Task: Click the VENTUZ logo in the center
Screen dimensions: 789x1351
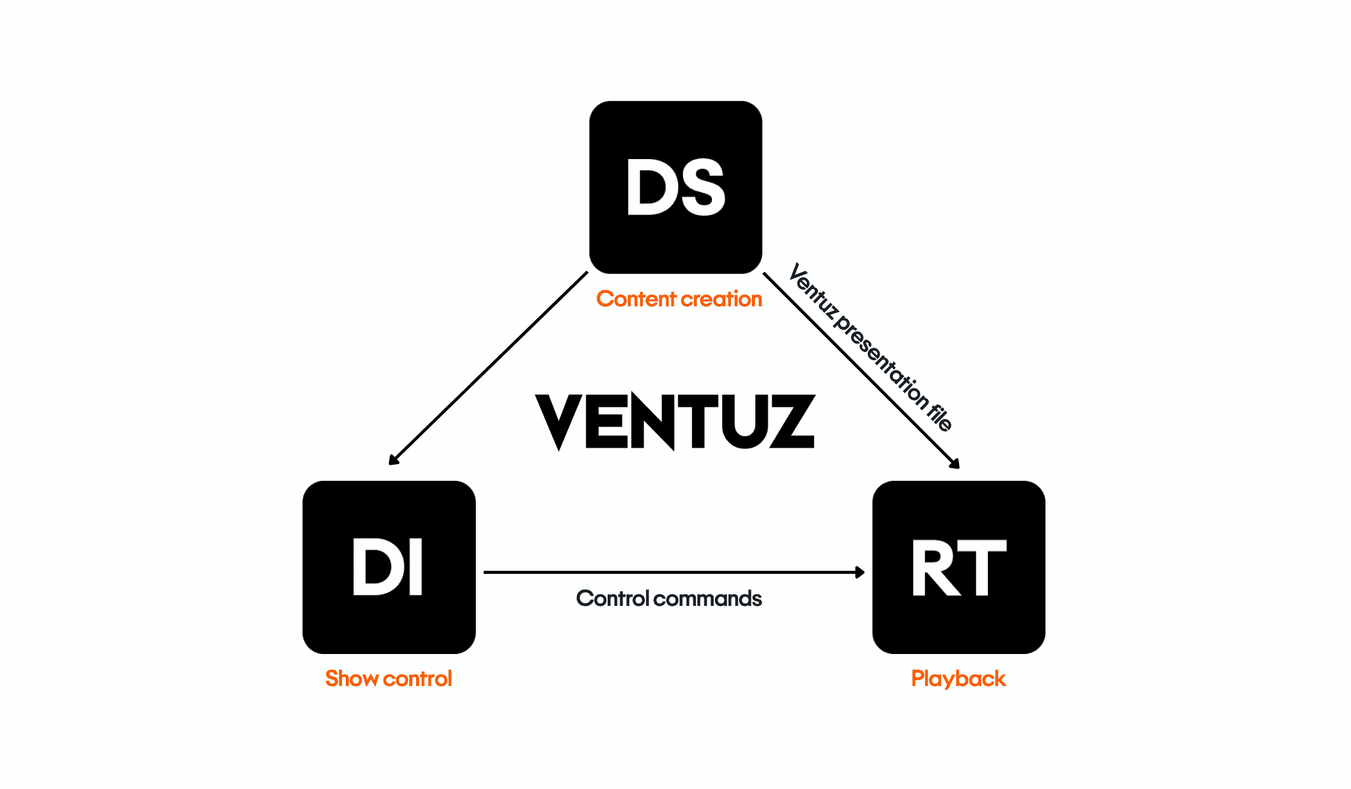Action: (x=675, y=422)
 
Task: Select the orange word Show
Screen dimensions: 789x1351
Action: (x=352, y=679)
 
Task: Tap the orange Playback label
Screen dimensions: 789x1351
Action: (x=958, y=679)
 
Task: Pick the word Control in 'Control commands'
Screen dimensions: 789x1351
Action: (x=613, y=599)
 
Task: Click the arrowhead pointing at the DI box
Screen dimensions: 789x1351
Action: (x=393, y=460)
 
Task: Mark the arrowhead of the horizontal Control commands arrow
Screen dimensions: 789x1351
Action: (x=860, y=573)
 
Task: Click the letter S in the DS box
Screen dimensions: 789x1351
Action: (x=701, y=187)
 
